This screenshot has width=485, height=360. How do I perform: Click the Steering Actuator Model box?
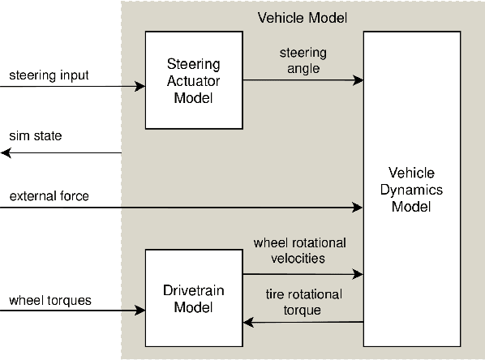point(193,79)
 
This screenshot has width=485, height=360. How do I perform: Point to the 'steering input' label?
point(49,76)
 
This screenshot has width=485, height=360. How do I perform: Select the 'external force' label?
point(49,196)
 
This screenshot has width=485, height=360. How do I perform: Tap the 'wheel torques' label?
point(50,300)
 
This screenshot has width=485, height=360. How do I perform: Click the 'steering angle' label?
point(302,61)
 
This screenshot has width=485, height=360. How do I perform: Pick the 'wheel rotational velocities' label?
point(299,251)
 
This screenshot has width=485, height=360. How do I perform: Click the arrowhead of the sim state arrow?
point(5,152)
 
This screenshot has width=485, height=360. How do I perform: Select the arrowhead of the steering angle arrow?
point(358,80)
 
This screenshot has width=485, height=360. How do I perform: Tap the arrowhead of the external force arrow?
point(358,208)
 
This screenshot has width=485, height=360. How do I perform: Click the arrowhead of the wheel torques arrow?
point(139,311)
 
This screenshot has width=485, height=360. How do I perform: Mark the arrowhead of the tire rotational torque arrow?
point(248,323)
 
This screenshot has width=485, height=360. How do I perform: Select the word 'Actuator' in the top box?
point(193,79)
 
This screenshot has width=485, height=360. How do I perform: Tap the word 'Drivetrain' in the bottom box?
point(193,291)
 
